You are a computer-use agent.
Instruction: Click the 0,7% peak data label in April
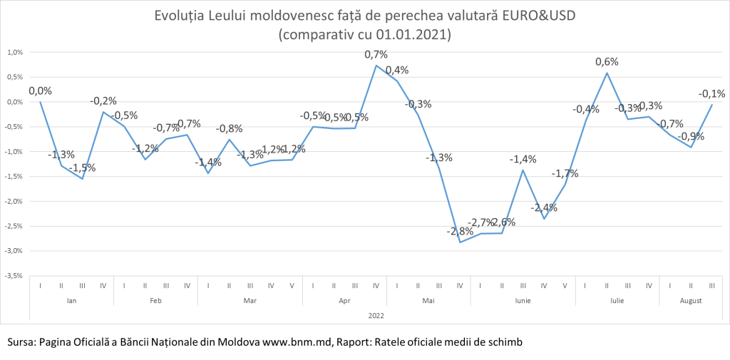[x=376, y=55]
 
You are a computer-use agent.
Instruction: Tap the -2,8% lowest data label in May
[x=459, y=232]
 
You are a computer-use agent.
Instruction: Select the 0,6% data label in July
[x=607, y=62]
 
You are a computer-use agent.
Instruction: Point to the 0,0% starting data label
[x=40, y=91]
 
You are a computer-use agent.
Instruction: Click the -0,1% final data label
[x=711, y=93]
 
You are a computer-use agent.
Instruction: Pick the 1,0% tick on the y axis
[x=15, y=52]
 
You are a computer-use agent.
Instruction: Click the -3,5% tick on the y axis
[x=15, y=275]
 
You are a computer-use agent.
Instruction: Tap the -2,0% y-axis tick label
[x=15, y=201]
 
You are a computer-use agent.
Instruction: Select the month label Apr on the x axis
[x=344, y=301]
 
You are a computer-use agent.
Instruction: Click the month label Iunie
[x=523, y=301]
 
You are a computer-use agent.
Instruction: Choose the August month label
[x=691, y=301]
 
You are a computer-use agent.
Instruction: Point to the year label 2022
[x=376, y=314]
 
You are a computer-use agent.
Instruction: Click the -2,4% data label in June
[x=544, y=208]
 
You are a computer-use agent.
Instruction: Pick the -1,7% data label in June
[x=565, y=173]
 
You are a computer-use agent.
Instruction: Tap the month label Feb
[x=155, y=301]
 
